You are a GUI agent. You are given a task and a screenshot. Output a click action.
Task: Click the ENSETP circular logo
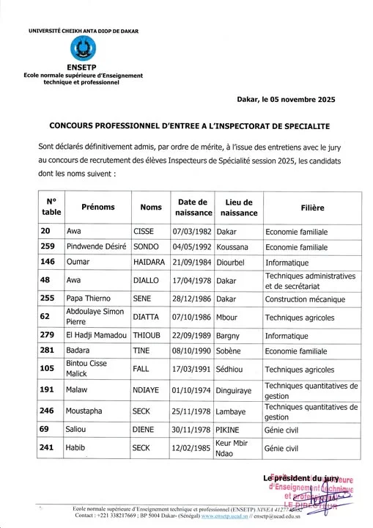(x=82, y=49)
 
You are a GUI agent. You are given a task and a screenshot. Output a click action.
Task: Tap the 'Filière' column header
(x=312, y=208)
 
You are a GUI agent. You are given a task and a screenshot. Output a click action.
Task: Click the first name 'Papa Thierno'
(x=89, y=299)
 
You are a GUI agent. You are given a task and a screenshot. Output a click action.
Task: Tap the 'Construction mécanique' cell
(x=303, y=299)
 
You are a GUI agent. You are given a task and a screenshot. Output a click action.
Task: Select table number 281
(x=48, y=351)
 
